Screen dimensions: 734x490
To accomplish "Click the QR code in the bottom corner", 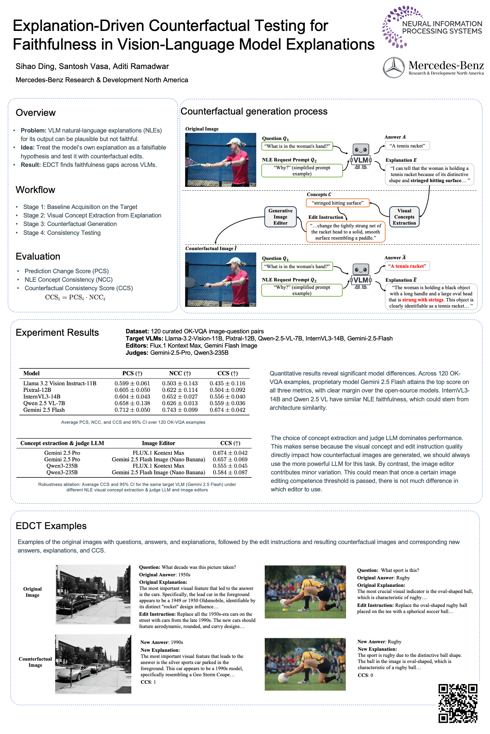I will [458, 703].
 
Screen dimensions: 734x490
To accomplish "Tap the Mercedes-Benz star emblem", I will [394, 67].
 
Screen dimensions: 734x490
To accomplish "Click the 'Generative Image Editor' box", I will [280, 217].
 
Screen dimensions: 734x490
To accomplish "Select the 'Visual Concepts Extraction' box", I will [404, 217].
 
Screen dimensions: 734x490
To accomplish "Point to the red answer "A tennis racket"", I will [407, 266].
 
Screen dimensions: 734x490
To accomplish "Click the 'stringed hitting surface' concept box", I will [338, 203].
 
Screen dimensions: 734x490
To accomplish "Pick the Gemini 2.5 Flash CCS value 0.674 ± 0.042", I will [227, 410].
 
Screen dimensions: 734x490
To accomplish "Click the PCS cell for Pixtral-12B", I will [132, 390].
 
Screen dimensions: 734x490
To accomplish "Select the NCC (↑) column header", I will [180, 373].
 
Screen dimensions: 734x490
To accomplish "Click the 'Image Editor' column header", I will [158, 443].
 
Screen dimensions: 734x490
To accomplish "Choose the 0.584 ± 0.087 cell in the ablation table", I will [230, 472].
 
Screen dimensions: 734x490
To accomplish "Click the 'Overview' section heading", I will [36, 113].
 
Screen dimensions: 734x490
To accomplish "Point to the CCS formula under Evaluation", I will [75, 297].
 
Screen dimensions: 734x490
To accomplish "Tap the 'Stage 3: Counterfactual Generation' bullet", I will [70, 224].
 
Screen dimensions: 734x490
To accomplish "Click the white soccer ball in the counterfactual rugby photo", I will [283, 678].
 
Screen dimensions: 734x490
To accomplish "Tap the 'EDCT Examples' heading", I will [51, 526].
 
